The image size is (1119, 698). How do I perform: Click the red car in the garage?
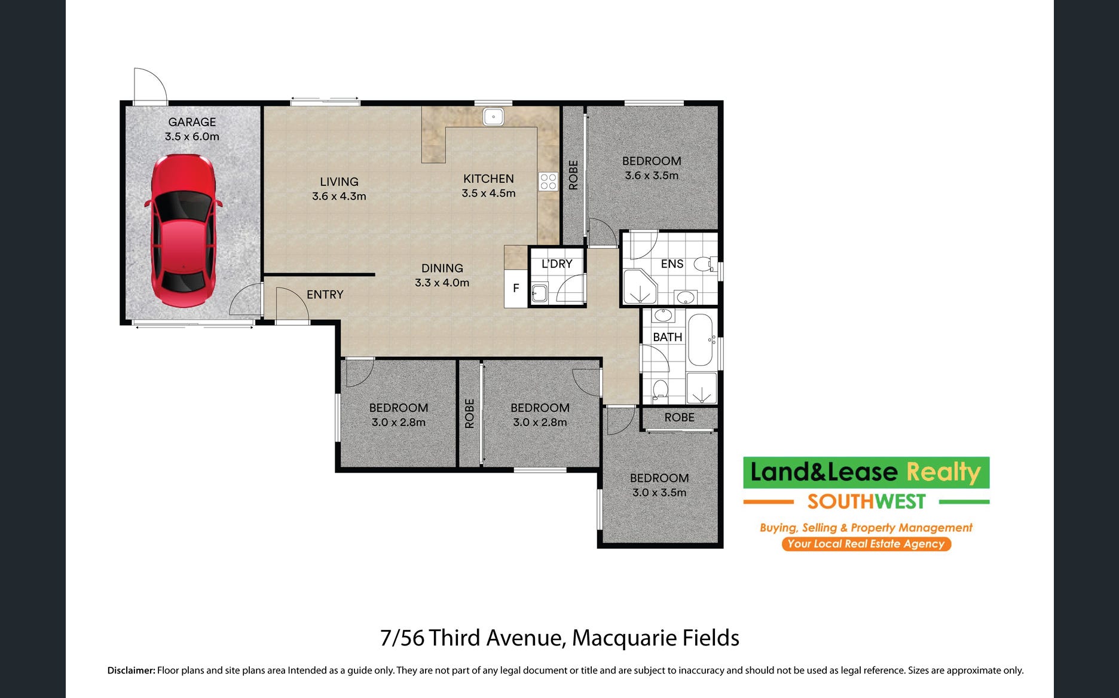point(182,231)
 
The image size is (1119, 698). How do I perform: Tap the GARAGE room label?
point(192,122)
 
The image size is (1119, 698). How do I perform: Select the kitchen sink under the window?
point(493,117)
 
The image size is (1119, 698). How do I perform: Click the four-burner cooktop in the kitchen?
point(548,181)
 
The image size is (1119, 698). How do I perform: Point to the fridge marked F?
point(516,289)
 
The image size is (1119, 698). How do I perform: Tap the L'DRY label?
point(557,264)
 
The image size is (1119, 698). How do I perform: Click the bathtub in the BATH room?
point(700,339)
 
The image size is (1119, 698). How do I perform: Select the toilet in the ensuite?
point(705,264)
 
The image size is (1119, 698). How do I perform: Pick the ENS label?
point(672,264)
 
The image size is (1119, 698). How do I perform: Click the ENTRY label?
point(325,295)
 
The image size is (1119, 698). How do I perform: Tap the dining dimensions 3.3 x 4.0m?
point(442,283)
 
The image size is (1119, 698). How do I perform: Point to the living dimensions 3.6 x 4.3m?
point(339,196)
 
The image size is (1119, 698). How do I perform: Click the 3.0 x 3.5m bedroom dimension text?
point(659,492)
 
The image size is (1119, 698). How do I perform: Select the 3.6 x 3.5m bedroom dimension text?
point(652,175)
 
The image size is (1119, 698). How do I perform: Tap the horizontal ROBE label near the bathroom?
point(680,417)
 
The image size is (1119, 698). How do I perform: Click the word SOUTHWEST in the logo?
point(866,502)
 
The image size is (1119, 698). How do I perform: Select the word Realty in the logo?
point(944,472)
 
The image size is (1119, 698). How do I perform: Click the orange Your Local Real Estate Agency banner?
point(866,544)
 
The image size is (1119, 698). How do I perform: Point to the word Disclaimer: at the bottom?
point(131,671)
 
